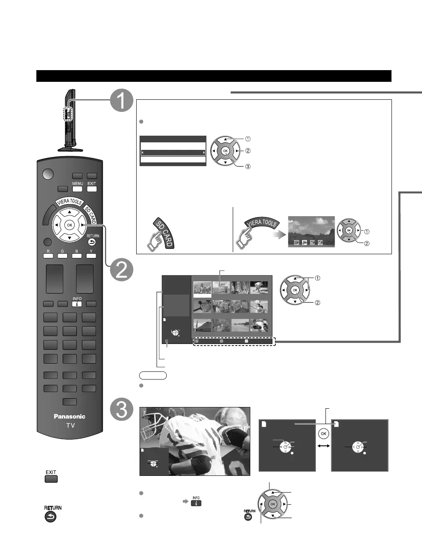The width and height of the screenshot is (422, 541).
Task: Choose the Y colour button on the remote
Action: [91, 255]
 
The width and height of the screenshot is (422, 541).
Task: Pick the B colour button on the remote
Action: [77, 255]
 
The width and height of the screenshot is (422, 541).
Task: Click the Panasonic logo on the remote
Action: [69, 416]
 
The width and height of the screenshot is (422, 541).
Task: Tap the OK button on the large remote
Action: [69, 225]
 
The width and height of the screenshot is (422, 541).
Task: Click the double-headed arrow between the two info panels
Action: [323, 446]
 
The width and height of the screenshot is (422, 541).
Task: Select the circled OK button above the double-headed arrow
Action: [323, 434]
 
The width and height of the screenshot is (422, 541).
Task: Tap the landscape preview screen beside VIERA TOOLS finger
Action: [311, 231]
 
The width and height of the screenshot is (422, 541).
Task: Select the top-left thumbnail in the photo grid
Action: [203, 288]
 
